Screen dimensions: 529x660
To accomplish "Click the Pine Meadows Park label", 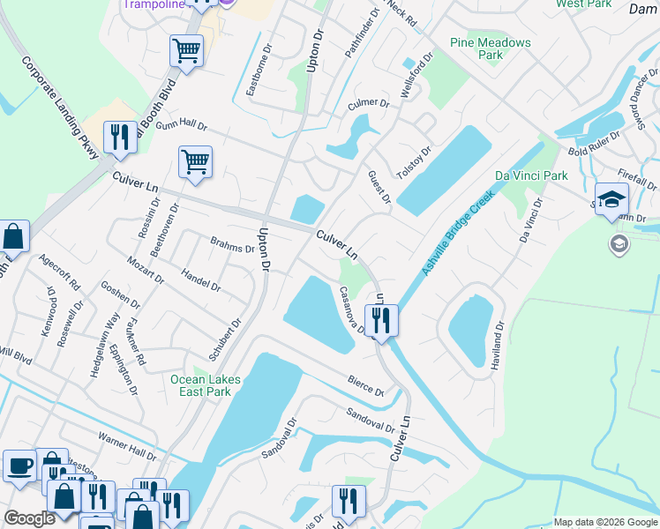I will [x=491, y=48].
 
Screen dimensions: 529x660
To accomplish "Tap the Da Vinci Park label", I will [x=530, y=175].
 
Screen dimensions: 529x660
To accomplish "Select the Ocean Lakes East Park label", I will [x=205, y=385].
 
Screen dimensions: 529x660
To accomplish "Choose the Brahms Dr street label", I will [x=232, y=245].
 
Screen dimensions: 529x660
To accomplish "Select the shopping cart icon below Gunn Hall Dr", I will [x=195, y=161].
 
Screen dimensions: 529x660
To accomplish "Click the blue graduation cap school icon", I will [x=611, y=199].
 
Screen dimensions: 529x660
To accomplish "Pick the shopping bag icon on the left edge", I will [x=13, y=236].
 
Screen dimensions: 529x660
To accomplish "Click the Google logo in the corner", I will [x=29, y=518].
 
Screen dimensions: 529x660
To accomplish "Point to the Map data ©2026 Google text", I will [x=604, y=522].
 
